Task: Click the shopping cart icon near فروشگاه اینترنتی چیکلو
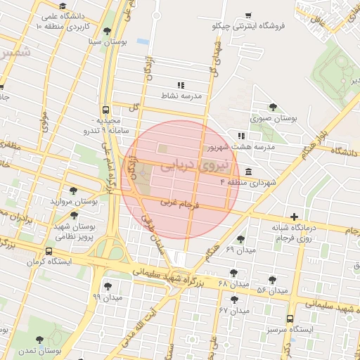pos(248,15)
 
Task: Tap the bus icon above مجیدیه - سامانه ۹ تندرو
pos(105,110)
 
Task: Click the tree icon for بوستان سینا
pos(106,32)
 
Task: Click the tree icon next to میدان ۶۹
pos(241,239)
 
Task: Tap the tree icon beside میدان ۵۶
pos(272,280)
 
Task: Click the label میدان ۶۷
pos(234,310)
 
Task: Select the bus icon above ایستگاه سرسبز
pos(290,318)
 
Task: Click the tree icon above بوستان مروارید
pos(74,190)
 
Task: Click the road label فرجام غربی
pos(181,205)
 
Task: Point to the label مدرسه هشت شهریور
pos(239,148)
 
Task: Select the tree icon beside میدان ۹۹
pos(108,286)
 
